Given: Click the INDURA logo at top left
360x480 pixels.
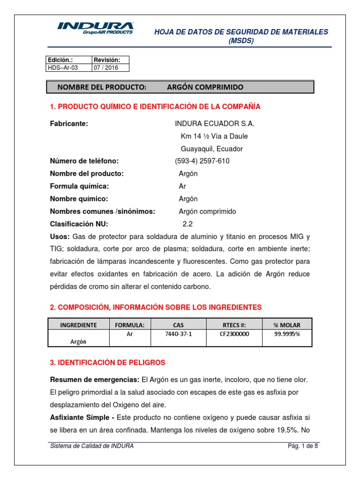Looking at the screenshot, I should (x=95, y=28).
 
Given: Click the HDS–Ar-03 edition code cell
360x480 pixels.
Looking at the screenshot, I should (x=62, y=67).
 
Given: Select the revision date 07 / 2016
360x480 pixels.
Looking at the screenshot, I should (x=106, y=67).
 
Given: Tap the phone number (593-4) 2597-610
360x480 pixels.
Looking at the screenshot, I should (x=202, y=161).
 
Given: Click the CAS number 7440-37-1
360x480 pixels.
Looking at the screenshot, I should (x=173, y=335).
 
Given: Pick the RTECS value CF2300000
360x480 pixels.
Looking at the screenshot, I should (x=234, y=335).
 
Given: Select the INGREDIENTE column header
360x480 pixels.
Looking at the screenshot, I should (x=78, y=325).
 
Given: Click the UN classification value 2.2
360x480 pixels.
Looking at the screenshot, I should (x=187, y=224).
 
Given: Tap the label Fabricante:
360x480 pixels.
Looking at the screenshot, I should (x=69, y=123).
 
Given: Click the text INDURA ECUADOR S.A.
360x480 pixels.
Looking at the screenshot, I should (x=214, y=123).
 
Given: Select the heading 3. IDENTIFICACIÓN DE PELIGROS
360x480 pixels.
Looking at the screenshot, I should (x=107, y=363).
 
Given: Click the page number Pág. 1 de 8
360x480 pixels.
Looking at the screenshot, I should (x=303, y=446).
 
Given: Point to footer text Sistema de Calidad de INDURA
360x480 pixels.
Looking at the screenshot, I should (x=92, y=446).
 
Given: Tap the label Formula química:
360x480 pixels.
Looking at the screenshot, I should (x=79, y=186).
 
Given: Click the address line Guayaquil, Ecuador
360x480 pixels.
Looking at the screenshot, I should (x=212, y=149).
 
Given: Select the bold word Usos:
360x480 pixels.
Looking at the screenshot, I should (x=60, y=235).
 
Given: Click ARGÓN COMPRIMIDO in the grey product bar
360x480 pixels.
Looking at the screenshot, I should (x=205, y=88).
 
